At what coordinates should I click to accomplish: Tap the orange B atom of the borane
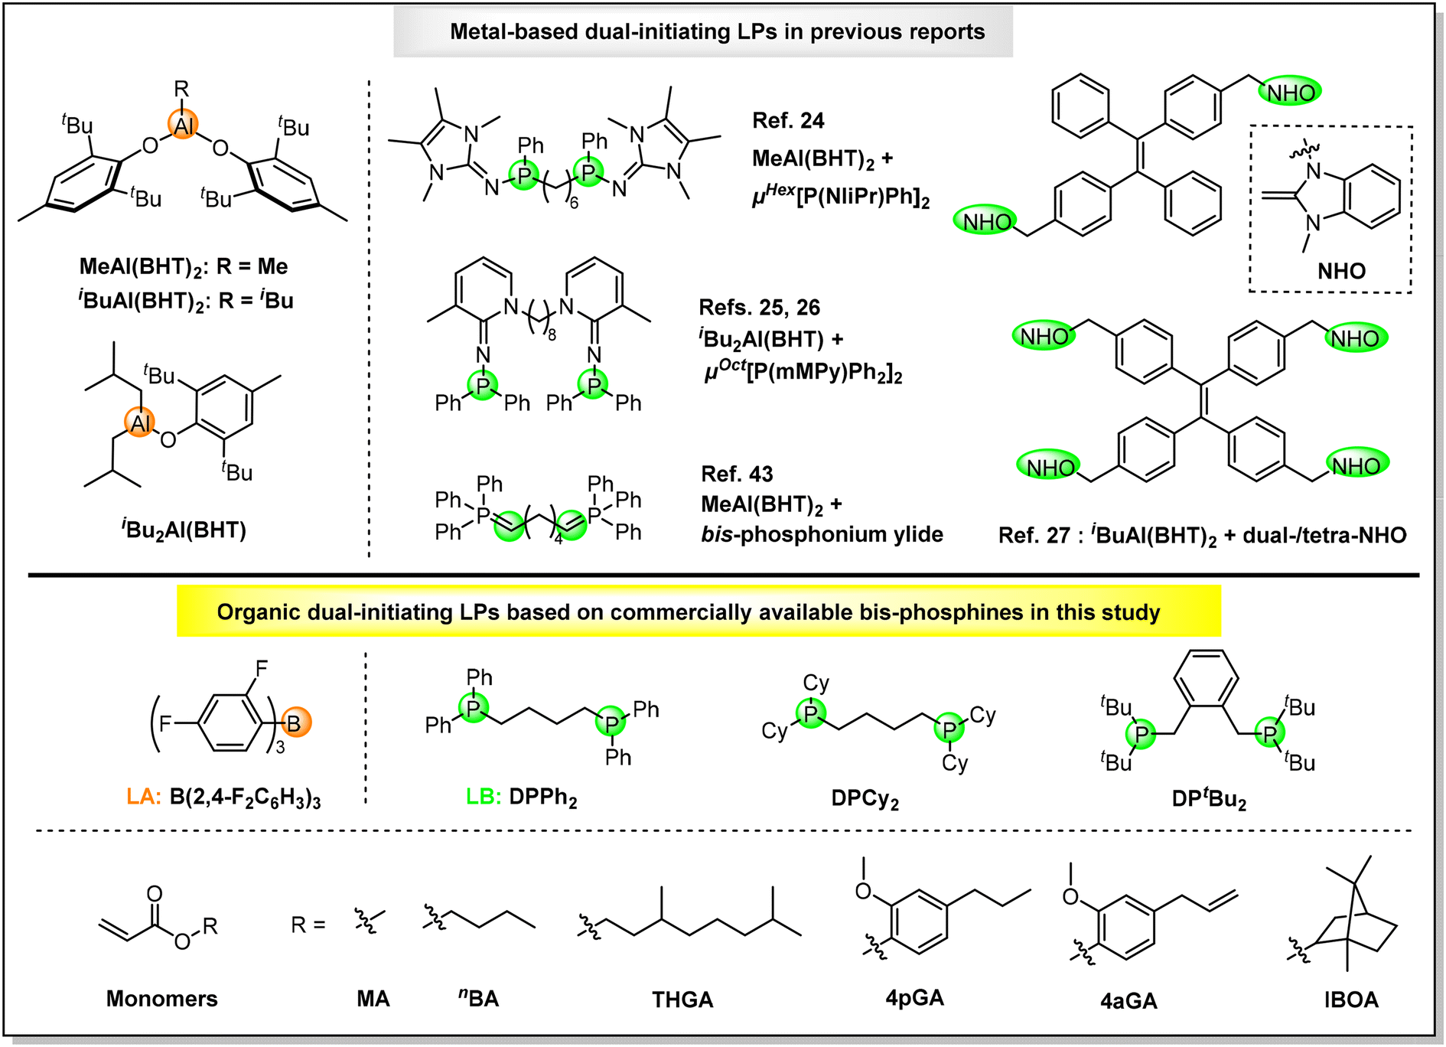click(x=295, y=722)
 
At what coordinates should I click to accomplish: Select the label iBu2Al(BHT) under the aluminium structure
click(x=184, y=530)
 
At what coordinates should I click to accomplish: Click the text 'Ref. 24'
click(x=788, y=121)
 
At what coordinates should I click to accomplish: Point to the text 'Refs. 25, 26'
click(x=759, y=308)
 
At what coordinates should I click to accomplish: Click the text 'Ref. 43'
click(x=737, y=475)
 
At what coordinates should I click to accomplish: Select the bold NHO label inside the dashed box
click(x=1341, y=271)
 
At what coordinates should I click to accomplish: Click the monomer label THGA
click(x=682, y=1000)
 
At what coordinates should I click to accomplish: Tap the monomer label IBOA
click(x=1351, y=1000)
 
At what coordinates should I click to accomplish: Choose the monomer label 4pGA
click(x=915, y=998)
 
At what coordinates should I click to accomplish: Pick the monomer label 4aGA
click(x=1129, y=1000)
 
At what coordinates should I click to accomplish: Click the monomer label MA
click(x=373, y=999)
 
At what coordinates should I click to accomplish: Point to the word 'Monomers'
click(x=161, y=999)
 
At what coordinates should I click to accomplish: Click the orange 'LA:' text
click(x=144, y=797)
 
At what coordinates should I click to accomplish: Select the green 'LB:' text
click(x=484, y=797)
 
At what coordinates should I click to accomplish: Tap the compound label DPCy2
click(x=865, y=799)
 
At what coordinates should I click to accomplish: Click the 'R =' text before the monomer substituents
click(x=308, y=925)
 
